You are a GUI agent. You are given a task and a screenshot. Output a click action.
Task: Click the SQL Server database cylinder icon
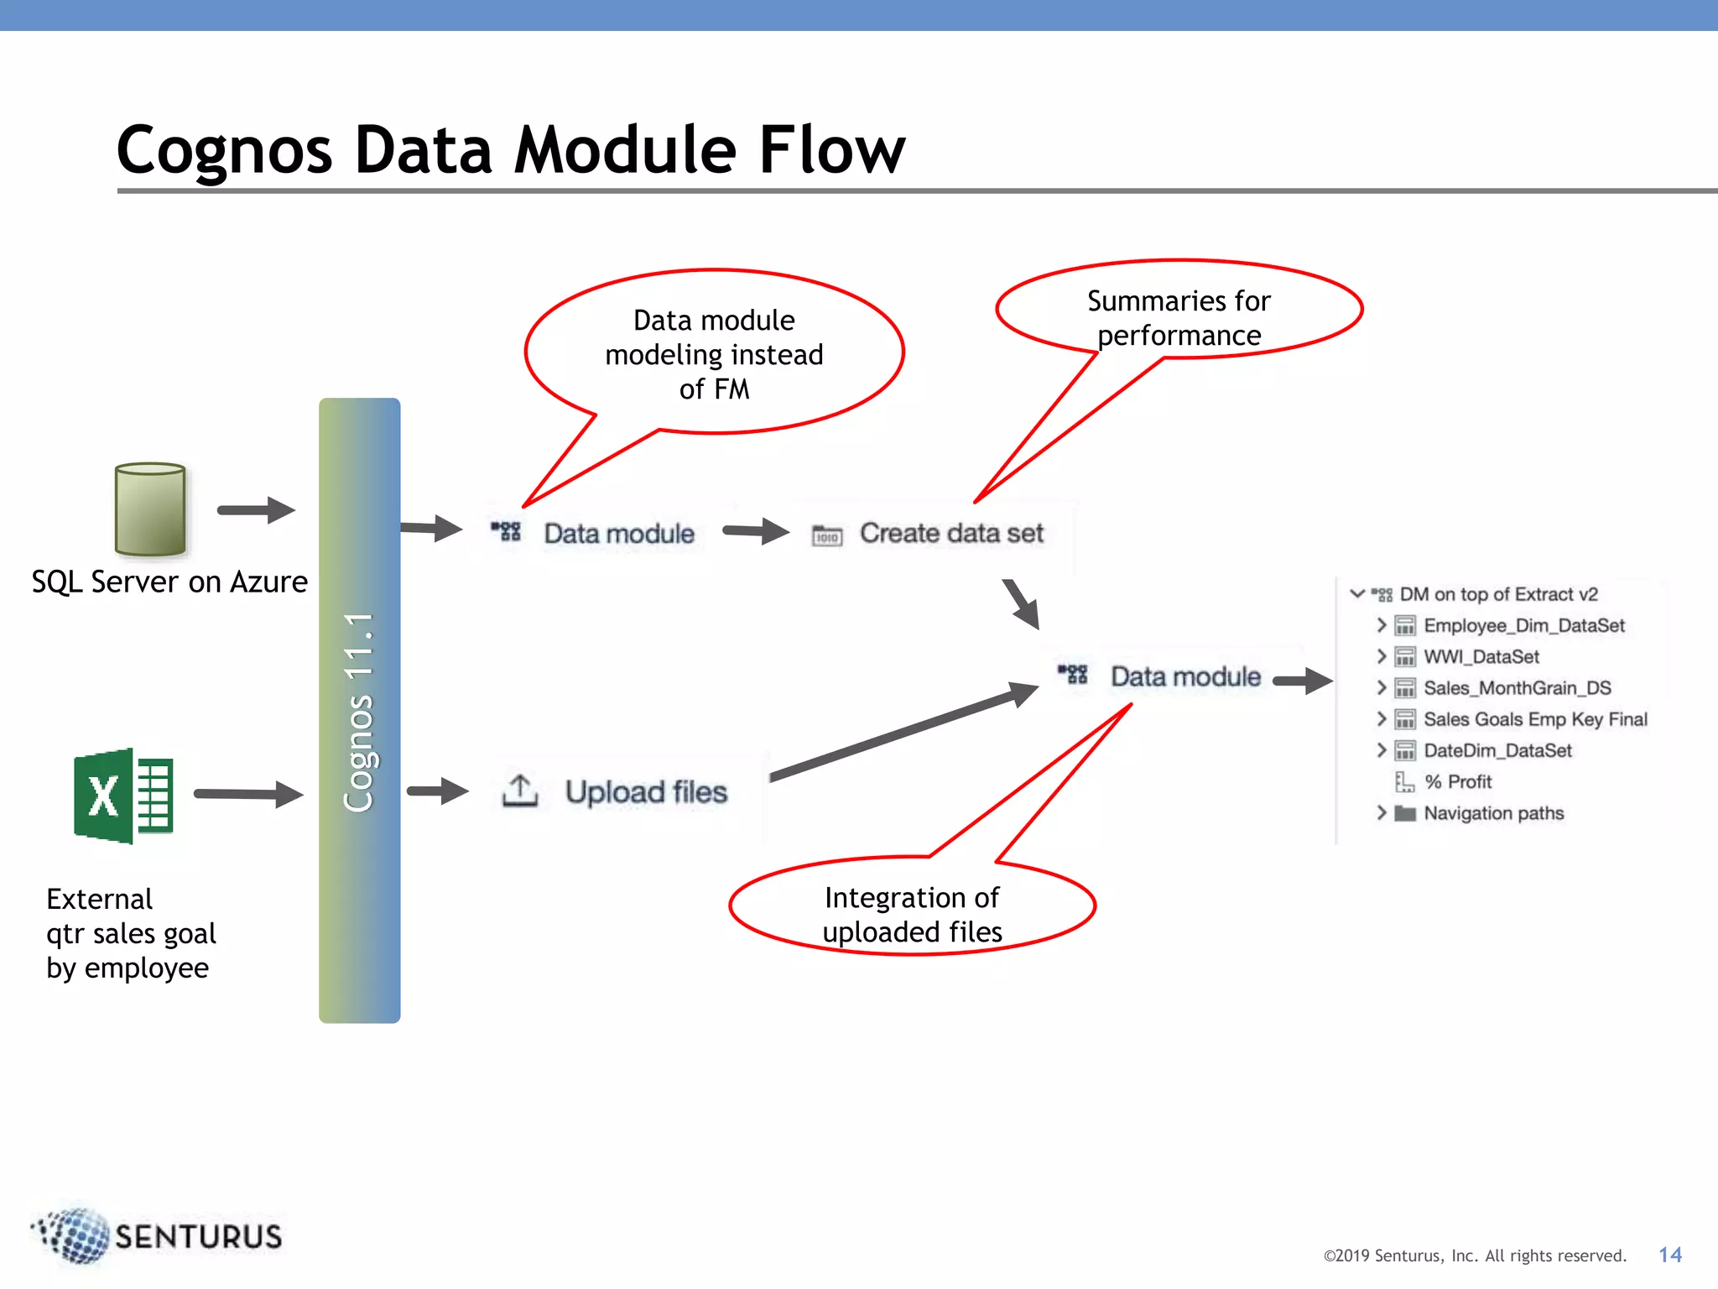(150, 509)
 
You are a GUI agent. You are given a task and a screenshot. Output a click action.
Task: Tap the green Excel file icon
(123, 795)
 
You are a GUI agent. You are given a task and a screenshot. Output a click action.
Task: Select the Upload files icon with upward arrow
(520, 791)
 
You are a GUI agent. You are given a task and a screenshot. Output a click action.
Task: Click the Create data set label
(951, 534)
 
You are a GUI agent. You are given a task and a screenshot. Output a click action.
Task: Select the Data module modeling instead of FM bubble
(714, 354)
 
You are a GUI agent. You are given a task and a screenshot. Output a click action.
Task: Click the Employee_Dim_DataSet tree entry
(1523, 626)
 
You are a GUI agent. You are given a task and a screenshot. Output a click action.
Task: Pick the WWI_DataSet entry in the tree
(1481, 657)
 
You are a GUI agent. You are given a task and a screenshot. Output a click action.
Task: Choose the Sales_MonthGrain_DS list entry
(1517, 688)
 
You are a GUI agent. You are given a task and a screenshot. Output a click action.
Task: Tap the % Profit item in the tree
(1458, 782)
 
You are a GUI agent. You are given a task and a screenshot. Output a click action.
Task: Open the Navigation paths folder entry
(1493, 813)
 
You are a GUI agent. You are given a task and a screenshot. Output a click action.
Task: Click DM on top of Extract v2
(1498, 595)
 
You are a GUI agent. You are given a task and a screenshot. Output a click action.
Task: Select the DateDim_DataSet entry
(1497, 751)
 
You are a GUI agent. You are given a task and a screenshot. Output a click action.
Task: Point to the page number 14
(1669, 1255)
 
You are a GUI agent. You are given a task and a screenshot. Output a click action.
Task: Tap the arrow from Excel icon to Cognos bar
(247, 794)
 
